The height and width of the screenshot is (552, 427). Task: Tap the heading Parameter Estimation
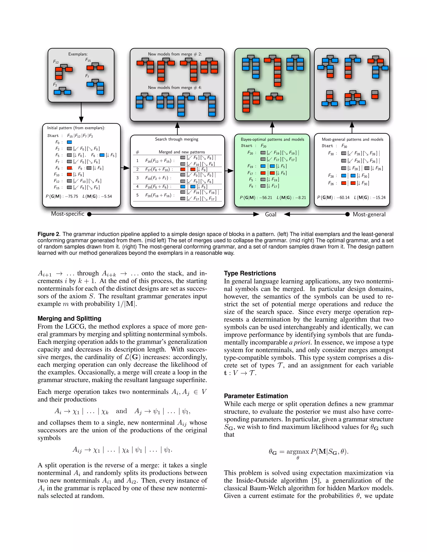(x=256, y=396)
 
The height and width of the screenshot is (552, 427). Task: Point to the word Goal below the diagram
(x=270, y=214)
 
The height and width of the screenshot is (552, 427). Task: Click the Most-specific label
(x=68, y=214)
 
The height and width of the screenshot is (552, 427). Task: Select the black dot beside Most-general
(x=348, y=214)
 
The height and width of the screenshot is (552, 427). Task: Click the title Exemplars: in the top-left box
(x=78, y=54)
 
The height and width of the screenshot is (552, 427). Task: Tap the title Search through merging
(x=177, y=139)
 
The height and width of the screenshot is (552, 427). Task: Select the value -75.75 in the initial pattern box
(x=71, y=196)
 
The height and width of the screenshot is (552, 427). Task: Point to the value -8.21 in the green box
(x=300, y=198)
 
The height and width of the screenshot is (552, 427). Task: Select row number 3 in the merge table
(x=137, y=178)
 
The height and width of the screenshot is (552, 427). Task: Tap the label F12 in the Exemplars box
(x=56, y=62)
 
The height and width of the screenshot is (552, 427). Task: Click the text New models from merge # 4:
(x=175, y=88)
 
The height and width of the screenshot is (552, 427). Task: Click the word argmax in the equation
(x=298, y=451)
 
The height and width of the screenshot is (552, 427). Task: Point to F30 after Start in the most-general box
(x=344, y=146)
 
